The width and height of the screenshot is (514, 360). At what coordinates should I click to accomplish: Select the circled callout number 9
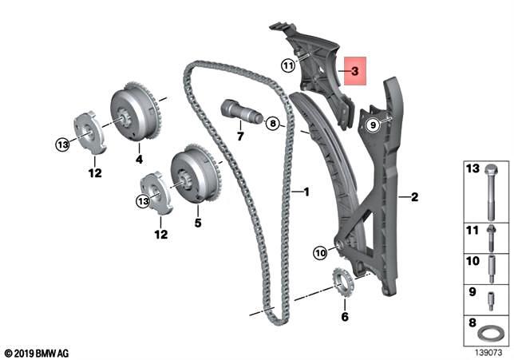tap(371, 125)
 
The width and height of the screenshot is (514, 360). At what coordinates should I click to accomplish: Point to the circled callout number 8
tap(272, 124)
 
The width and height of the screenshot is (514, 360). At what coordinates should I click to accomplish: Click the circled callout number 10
tap(320, 253)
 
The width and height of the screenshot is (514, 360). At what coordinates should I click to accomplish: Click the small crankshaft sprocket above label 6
tap(342, 283)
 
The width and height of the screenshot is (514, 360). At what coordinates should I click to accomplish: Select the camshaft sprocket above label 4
tap(135, 112)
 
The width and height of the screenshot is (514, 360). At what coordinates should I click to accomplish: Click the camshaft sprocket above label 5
tap(192, 175)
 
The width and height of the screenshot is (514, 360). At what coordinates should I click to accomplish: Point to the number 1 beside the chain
tap(304, 192)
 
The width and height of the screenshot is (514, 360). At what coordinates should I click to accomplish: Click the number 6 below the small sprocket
tap(344, 317)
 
